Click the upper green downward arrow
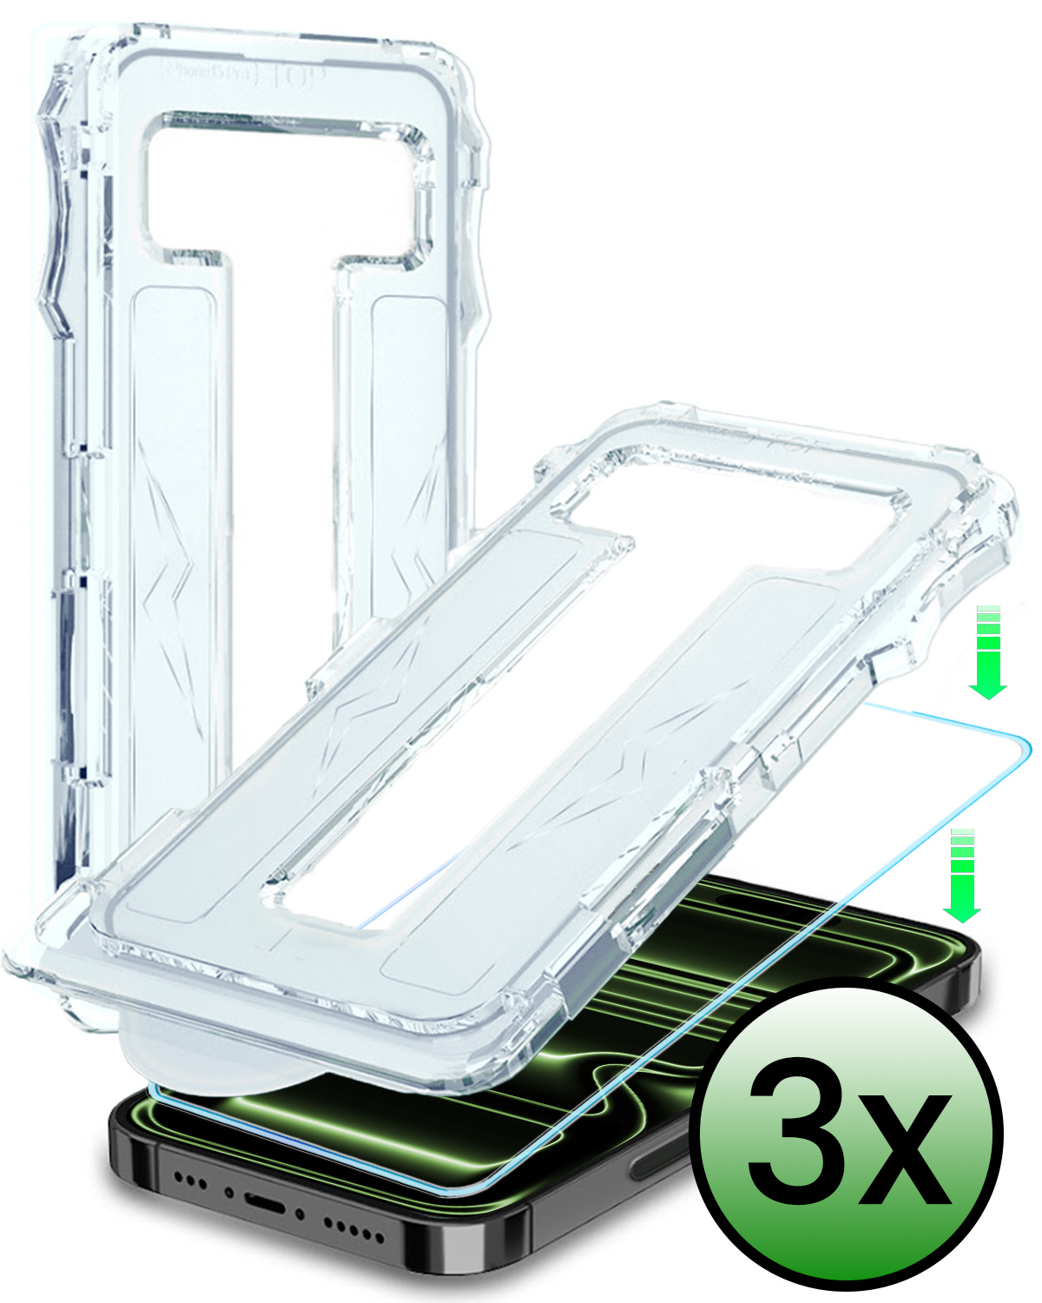[988, 651]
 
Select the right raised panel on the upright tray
[408, 434]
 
